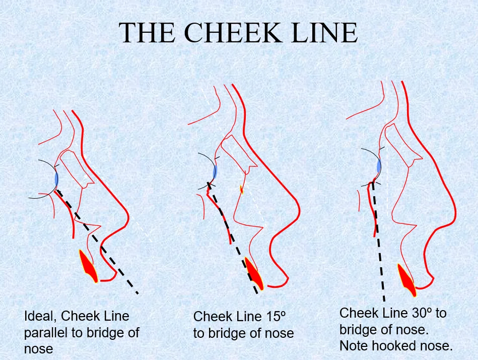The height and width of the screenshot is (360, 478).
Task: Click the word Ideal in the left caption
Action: coord(38,316)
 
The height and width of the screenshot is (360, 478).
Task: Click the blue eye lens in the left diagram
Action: coord(56,179)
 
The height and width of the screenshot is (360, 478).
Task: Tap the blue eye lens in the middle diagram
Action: coord(215,172)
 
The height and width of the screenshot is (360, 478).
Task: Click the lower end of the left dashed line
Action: coord(137,292)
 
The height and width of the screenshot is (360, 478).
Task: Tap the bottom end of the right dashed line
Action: coord(384,299)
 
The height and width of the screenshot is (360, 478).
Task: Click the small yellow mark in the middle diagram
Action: coord(242,190)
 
